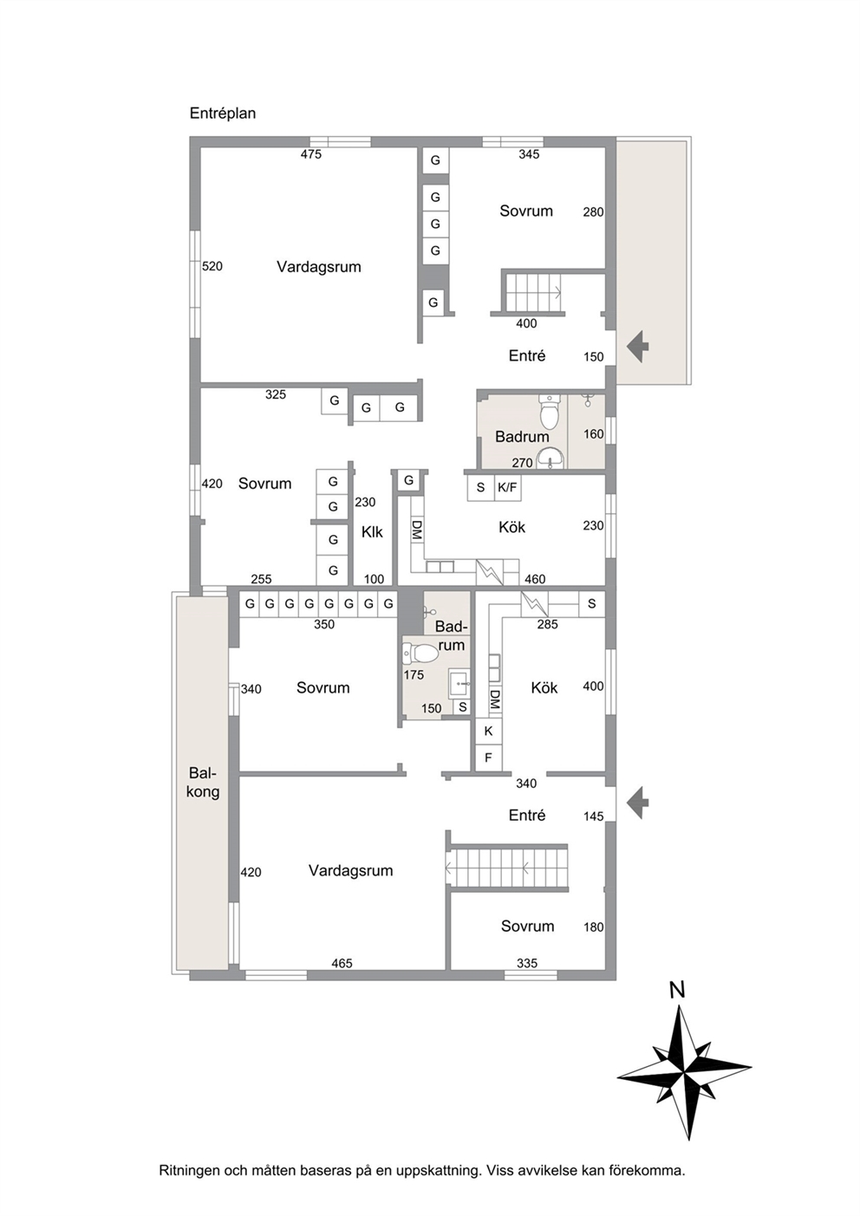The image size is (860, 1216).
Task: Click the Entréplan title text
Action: coord(223,114)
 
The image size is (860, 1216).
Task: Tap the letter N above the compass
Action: coord(677,990)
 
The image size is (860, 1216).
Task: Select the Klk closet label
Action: coord(373,532)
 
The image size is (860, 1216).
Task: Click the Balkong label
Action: coord(203,783)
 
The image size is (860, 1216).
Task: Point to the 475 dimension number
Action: coord(311,154)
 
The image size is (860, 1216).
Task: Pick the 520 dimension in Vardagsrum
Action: coord(212,267)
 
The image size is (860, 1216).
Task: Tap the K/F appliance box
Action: coord(507,487)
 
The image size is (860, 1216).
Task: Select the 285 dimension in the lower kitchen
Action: coord(547,624)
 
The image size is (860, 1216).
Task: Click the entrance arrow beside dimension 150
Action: coord(638,346)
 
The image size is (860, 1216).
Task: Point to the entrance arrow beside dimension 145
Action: coord(638,803)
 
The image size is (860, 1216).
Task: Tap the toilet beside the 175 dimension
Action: coord(420,654)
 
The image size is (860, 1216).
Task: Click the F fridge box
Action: coord(488,758)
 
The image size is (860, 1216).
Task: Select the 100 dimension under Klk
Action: coord(374,579)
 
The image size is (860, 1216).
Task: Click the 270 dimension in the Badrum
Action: coord(522,463)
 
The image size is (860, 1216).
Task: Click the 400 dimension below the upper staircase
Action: coord(526,323)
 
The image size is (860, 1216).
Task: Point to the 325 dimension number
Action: coord(276,394)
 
